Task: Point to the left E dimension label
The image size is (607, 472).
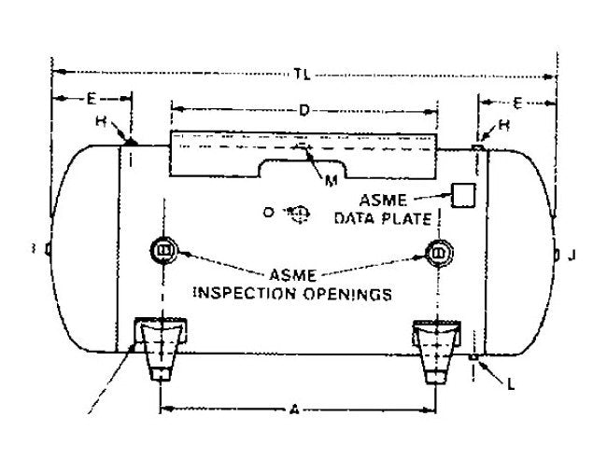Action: coord(92,98)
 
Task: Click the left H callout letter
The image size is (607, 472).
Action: coord(101,122)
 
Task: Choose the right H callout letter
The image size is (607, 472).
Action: coord(503,124)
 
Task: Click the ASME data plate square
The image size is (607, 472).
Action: coord(463,195)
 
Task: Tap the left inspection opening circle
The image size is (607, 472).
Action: coord(162,250)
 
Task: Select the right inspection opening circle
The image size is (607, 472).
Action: coord(439,250)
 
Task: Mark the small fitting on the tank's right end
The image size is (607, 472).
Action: coord(556,254)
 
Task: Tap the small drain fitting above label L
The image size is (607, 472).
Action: coord(475,356)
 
